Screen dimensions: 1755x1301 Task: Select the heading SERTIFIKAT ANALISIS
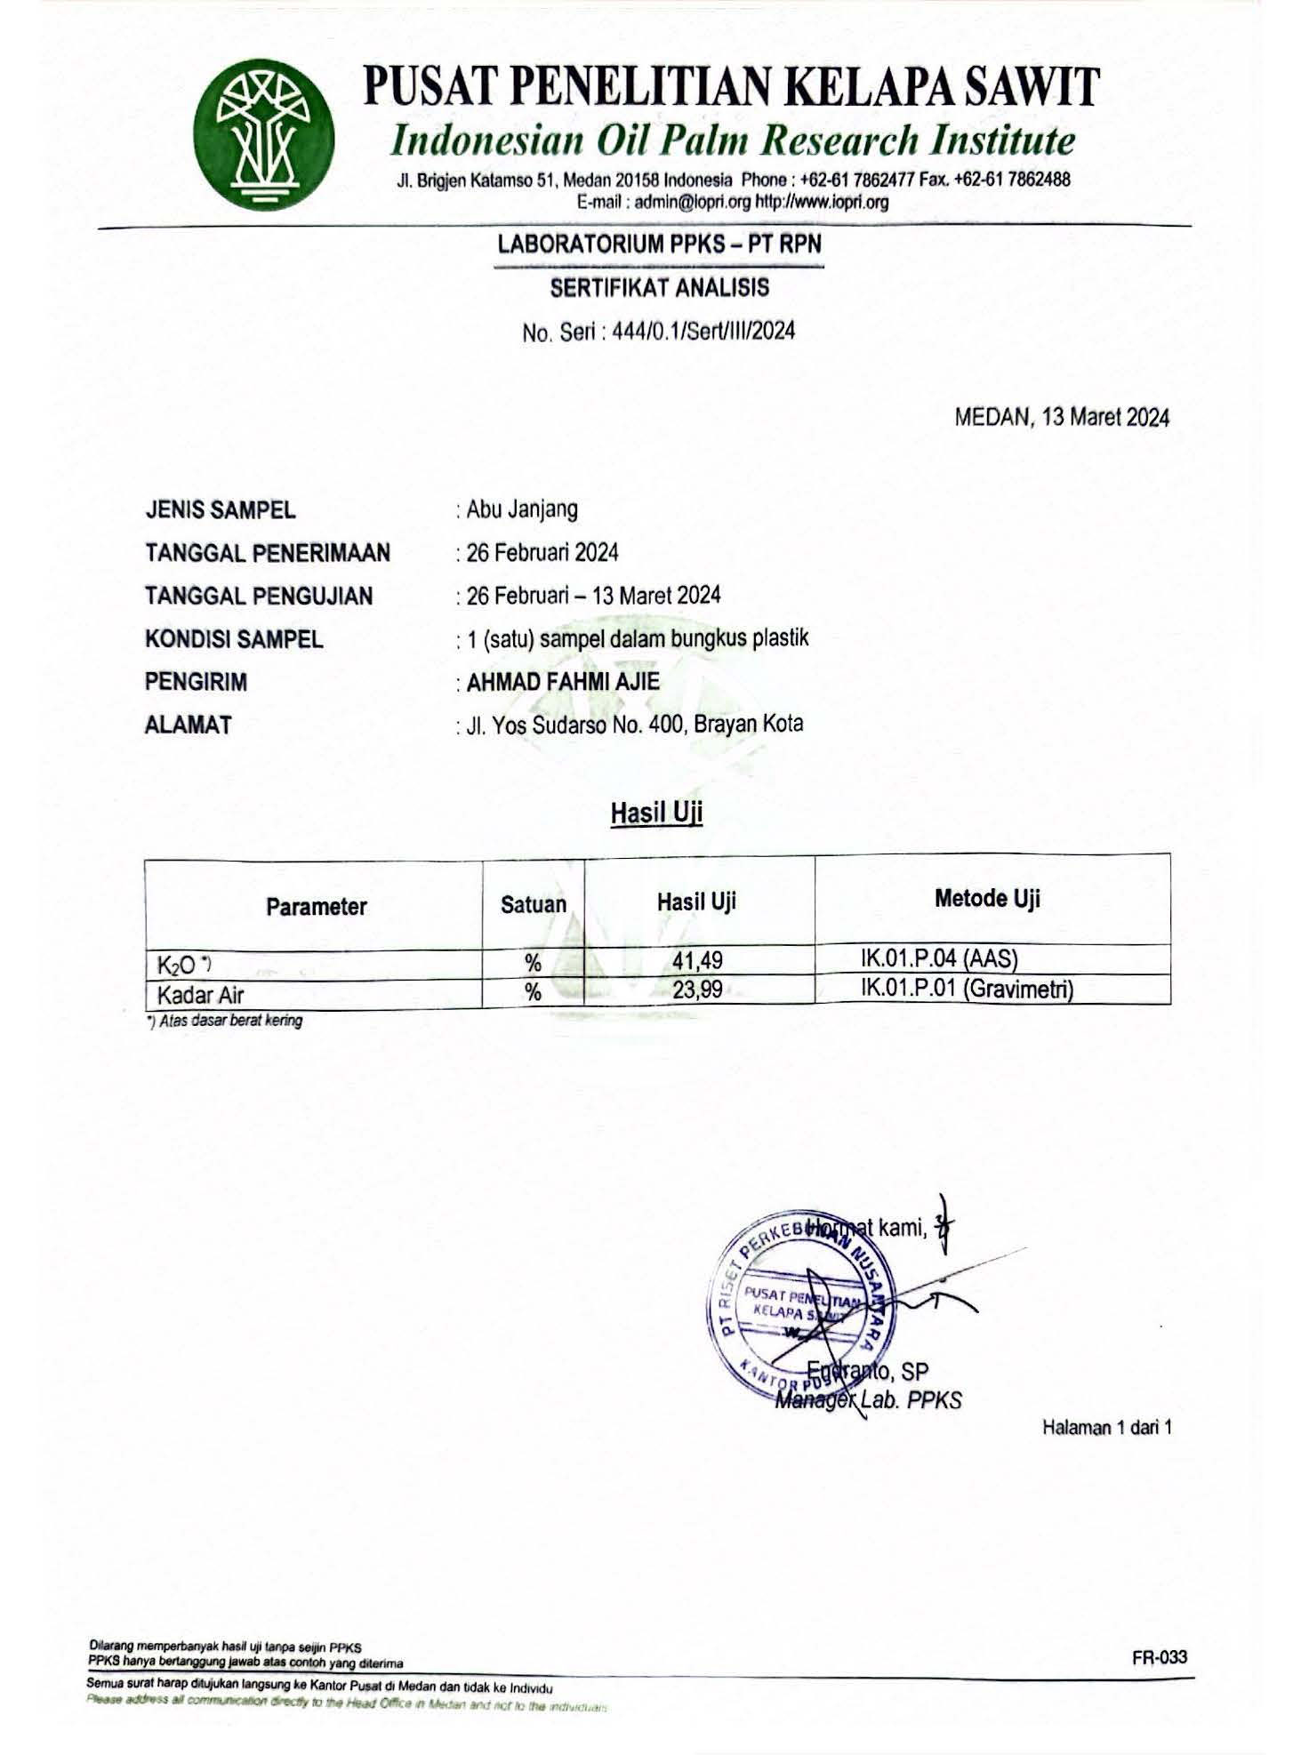click(659, 288)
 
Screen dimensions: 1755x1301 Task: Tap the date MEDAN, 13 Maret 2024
click(1062, 417)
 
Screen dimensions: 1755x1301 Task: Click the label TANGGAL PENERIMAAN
click(268, 553)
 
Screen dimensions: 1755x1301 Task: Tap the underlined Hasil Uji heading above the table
click(656, 813)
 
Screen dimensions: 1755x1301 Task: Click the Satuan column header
click(533, 904)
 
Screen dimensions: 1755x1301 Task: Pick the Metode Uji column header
click(987, 898)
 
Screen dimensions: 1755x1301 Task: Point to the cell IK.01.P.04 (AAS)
click(939, 958)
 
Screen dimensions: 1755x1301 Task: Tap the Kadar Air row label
click(200, 994)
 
